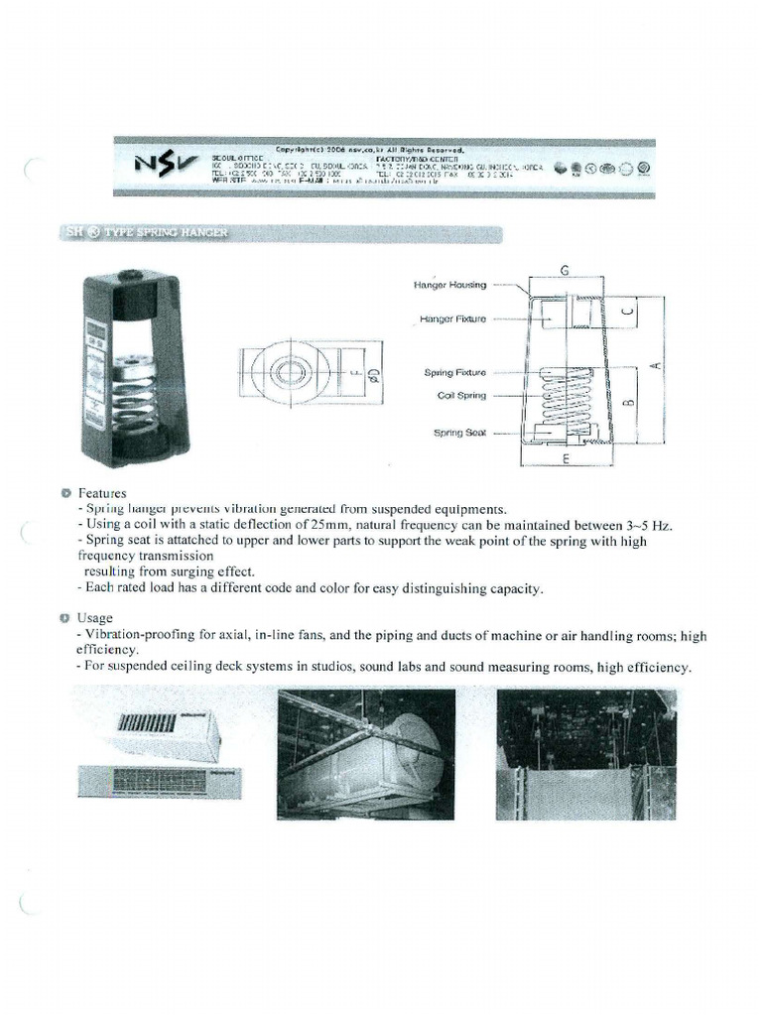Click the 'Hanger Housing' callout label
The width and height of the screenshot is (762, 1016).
pos(450,285)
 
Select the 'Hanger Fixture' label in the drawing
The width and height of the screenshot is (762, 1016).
pos(452,319)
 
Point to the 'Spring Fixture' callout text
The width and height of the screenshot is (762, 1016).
pos(455,373)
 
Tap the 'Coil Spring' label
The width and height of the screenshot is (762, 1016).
pos(461,395)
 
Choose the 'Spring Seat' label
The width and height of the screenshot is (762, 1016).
pos(459,433)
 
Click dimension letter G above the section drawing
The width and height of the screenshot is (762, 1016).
pos(564,269)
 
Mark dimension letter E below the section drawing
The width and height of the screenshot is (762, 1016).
pos(565,460)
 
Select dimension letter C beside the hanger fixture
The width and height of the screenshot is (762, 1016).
pos(624,314)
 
